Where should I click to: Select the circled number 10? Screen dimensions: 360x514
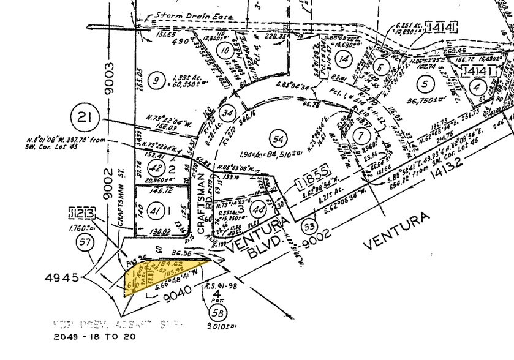(x=227, y=51)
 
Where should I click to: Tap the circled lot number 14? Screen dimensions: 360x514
(x=344, y=59)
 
